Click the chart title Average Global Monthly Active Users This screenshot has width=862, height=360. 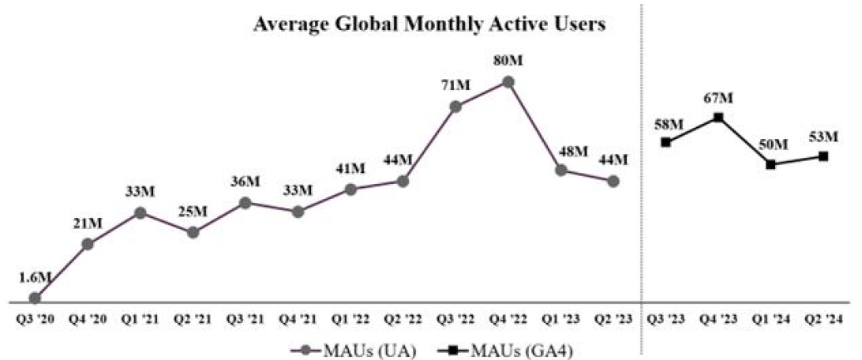tap(429, 24)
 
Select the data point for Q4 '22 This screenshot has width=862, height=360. tap(508, 82)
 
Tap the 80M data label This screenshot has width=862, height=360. tap(508, 61)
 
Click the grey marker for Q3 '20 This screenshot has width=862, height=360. tap(35, 298)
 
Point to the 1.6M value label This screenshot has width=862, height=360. tap(34, 277)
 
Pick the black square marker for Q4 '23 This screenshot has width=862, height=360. tap(718, 118)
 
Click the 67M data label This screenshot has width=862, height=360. tap(718, 97)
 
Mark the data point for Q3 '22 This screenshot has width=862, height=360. tap(455, 106)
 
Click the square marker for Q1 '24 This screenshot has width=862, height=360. tap(771, 164)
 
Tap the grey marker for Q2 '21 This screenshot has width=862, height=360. tap(193, 232)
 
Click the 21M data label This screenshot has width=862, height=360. tap(88, 223)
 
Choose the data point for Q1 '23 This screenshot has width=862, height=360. tap(560, 171)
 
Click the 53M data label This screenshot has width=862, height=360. tap(823, 136)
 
